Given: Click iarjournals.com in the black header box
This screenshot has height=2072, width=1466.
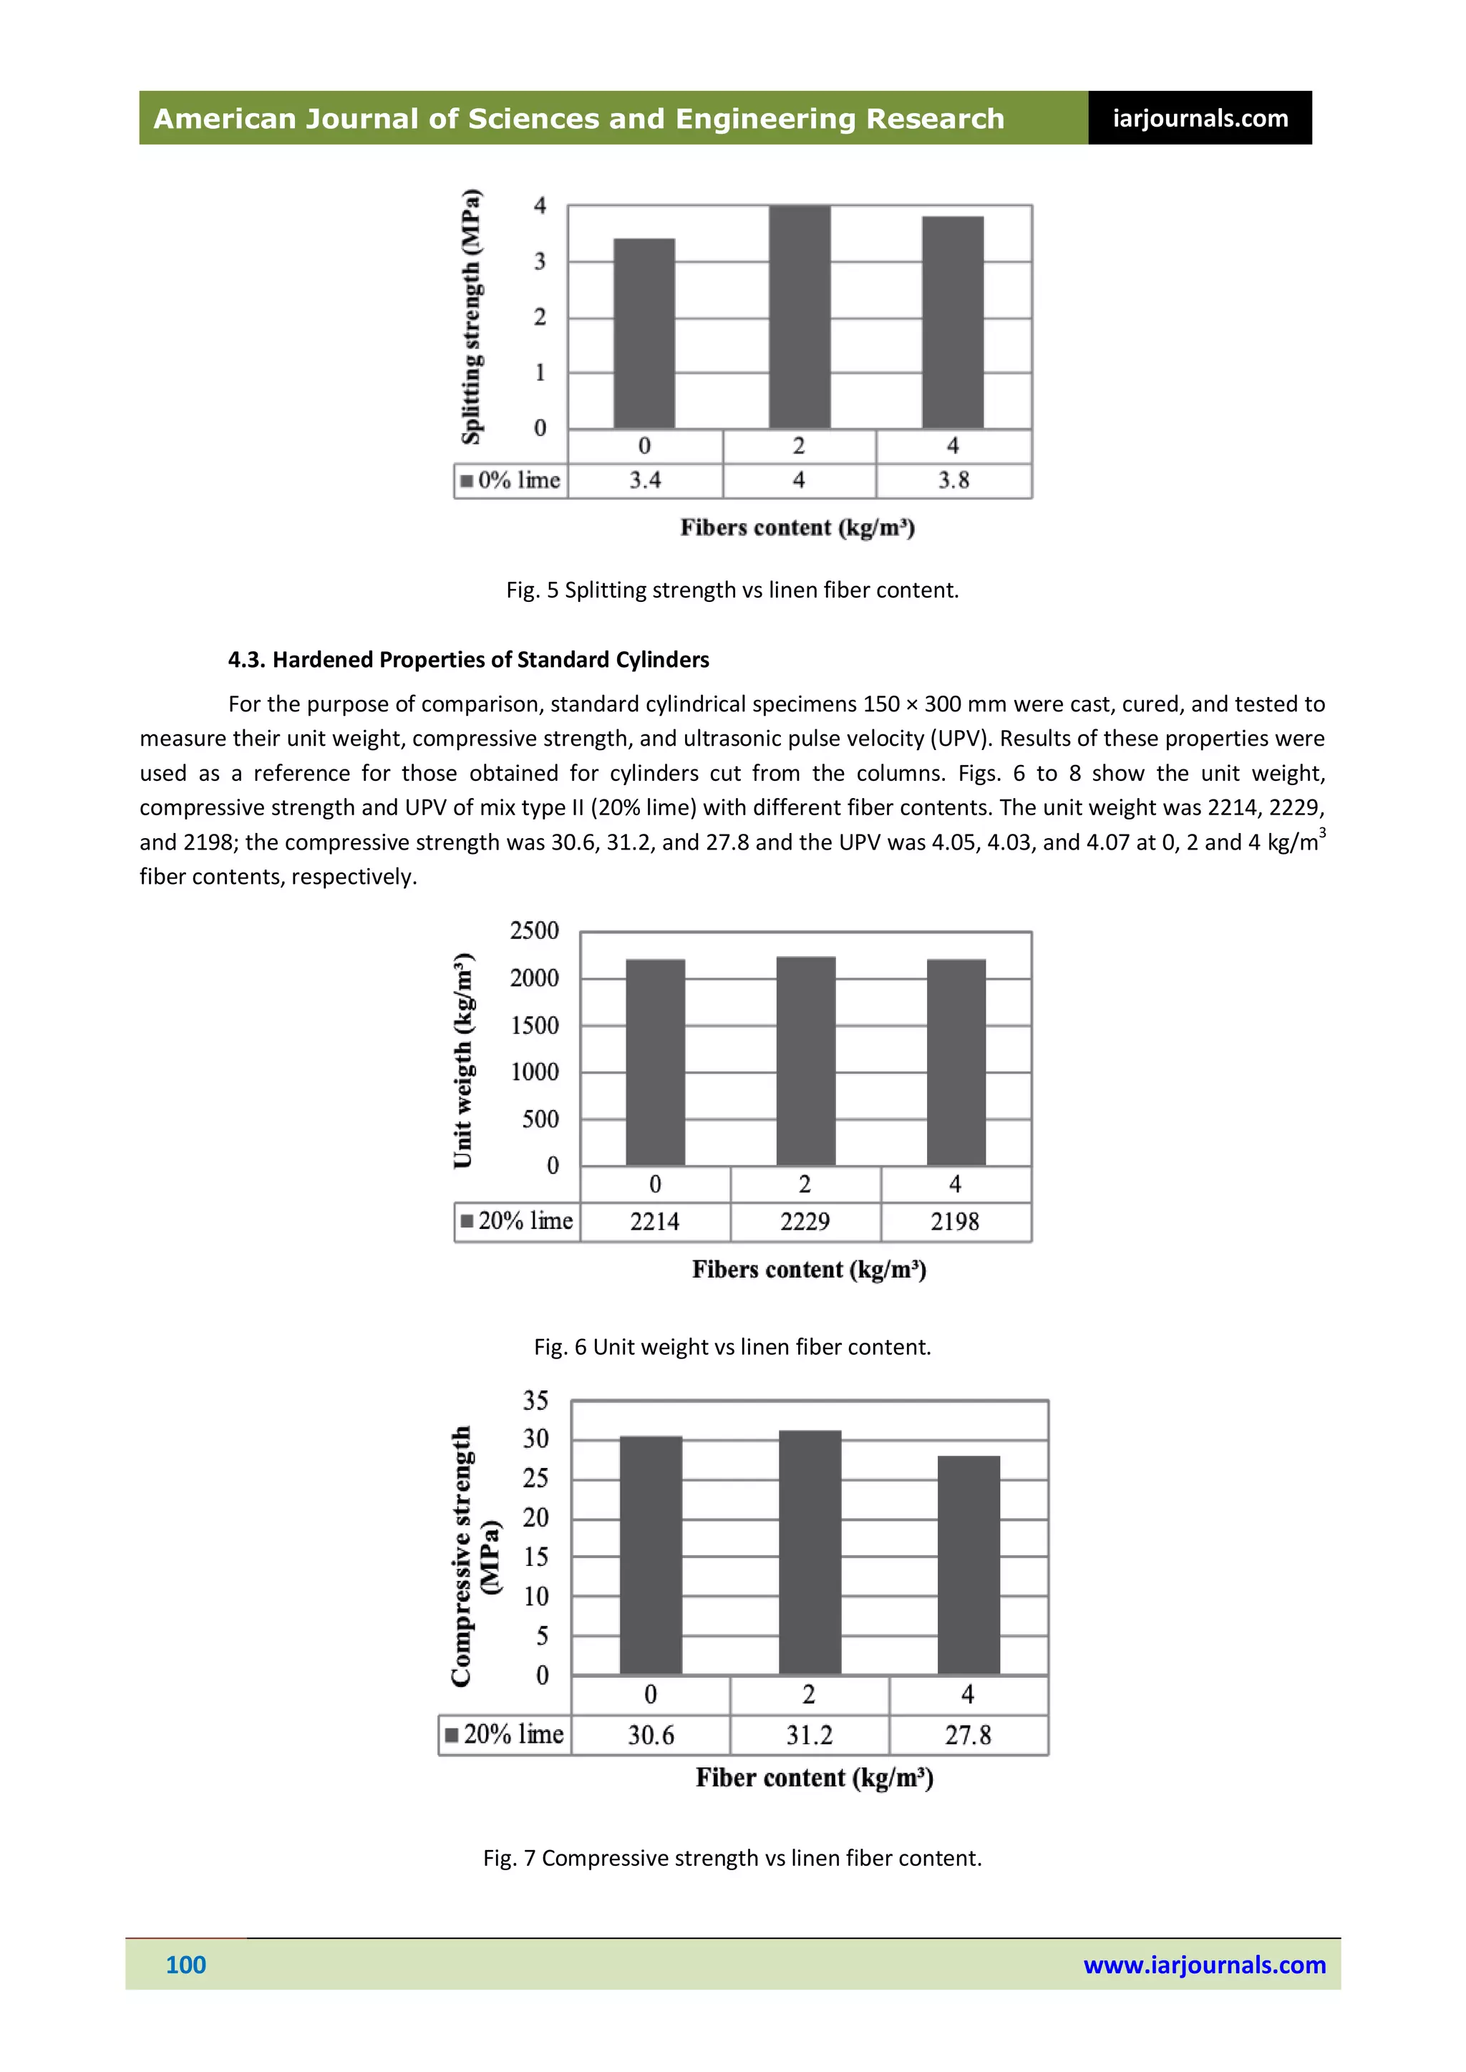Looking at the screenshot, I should pos(1200,118).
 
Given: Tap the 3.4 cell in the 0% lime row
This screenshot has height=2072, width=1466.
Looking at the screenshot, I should pos(644,480).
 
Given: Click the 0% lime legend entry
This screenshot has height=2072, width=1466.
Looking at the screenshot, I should pos(511,480).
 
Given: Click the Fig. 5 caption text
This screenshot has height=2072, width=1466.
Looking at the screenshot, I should pos(732,590).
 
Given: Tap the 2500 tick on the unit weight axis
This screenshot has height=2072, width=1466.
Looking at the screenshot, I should pos(535,930).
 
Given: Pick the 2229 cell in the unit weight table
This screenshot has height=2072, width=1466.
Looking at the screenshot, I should pos(805,1222).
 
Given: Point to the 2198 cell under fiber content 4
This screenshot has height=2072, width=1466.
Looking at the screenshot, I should pos(955,1222).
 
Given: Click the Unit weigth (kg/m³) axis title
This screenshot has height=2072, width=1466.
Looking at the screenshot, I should pos(463,1061).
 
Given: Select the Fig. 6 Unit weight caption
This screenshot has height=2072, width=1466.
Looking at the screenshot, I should pos(732,1348).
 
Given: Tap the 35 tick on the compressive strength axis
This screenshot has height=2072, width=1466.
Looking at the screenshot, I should pos(535,1401).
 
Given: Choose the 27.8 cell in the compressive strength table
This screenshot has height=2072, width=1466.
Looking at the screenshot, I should pos(968,1736).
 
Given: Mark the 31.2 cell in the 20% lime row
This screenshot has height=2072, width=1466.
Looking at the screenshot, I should pos(809,1736).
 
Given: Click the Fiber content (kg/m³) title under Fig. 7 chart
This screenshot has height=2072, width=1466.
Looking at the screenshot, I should pos(814,1779).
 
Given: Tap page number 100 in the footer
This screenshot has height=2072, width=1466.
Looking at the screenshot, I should pos(186,1965).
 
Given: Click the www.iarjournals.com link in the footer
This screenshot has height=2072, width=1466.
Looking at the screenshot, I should pos(1204,1965).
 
